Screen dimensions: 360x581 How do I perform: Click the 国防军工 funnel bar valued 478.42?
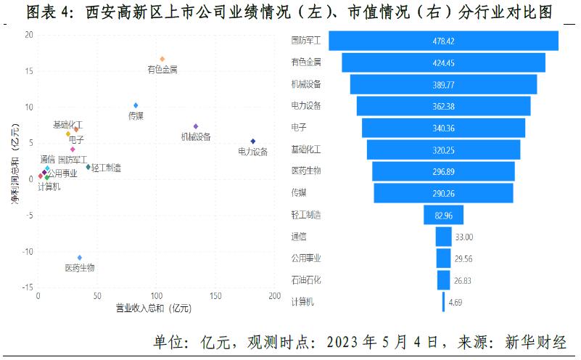(443, 41)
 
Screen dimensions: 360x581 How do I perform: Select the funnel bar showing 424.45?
(443, 62)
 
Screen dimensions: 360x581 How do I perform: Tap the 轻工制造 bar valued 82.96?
(443, 215)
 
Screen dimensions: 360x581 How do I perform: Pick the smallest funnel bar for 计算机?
(443, 302)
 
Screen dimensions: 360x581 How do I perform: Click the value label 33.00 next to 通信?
(463, 237)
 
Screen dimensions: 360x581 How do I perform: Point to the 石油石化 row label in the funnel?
(305, 280)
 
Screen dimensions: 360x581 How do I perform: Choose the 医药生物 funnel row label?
(305, 171)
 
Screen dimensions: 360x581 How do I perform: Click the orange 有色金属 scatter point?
(162, 59)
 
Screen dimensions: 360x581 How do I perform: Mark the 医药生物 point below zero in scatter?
(80, 258)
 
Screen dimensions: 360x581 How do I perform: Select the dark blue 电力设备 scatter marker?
(253, 142)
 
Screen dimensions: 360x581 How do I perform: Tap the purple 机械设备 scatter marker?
(196, 126)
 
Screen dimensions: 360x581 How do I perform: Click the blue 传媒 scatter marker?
(136, 105)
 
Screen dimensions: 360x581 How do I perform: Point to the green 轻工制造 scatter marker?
(88, 167)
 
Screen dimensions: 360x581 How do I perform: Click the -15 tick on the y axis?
(27, 288)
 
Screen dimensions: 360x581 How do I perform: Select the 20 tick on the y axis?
(28, 35)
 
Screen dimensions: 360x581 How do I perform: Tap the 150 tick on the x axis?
(215, 297)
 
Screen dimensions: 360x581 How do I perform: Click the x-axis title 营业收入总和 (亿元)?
(153, 309)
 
